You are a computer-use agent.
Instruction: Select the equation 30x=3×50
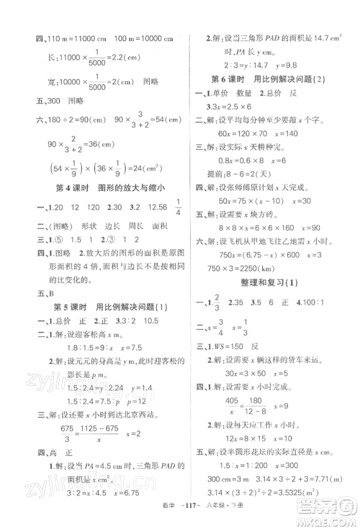click(x=235, y=392)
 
